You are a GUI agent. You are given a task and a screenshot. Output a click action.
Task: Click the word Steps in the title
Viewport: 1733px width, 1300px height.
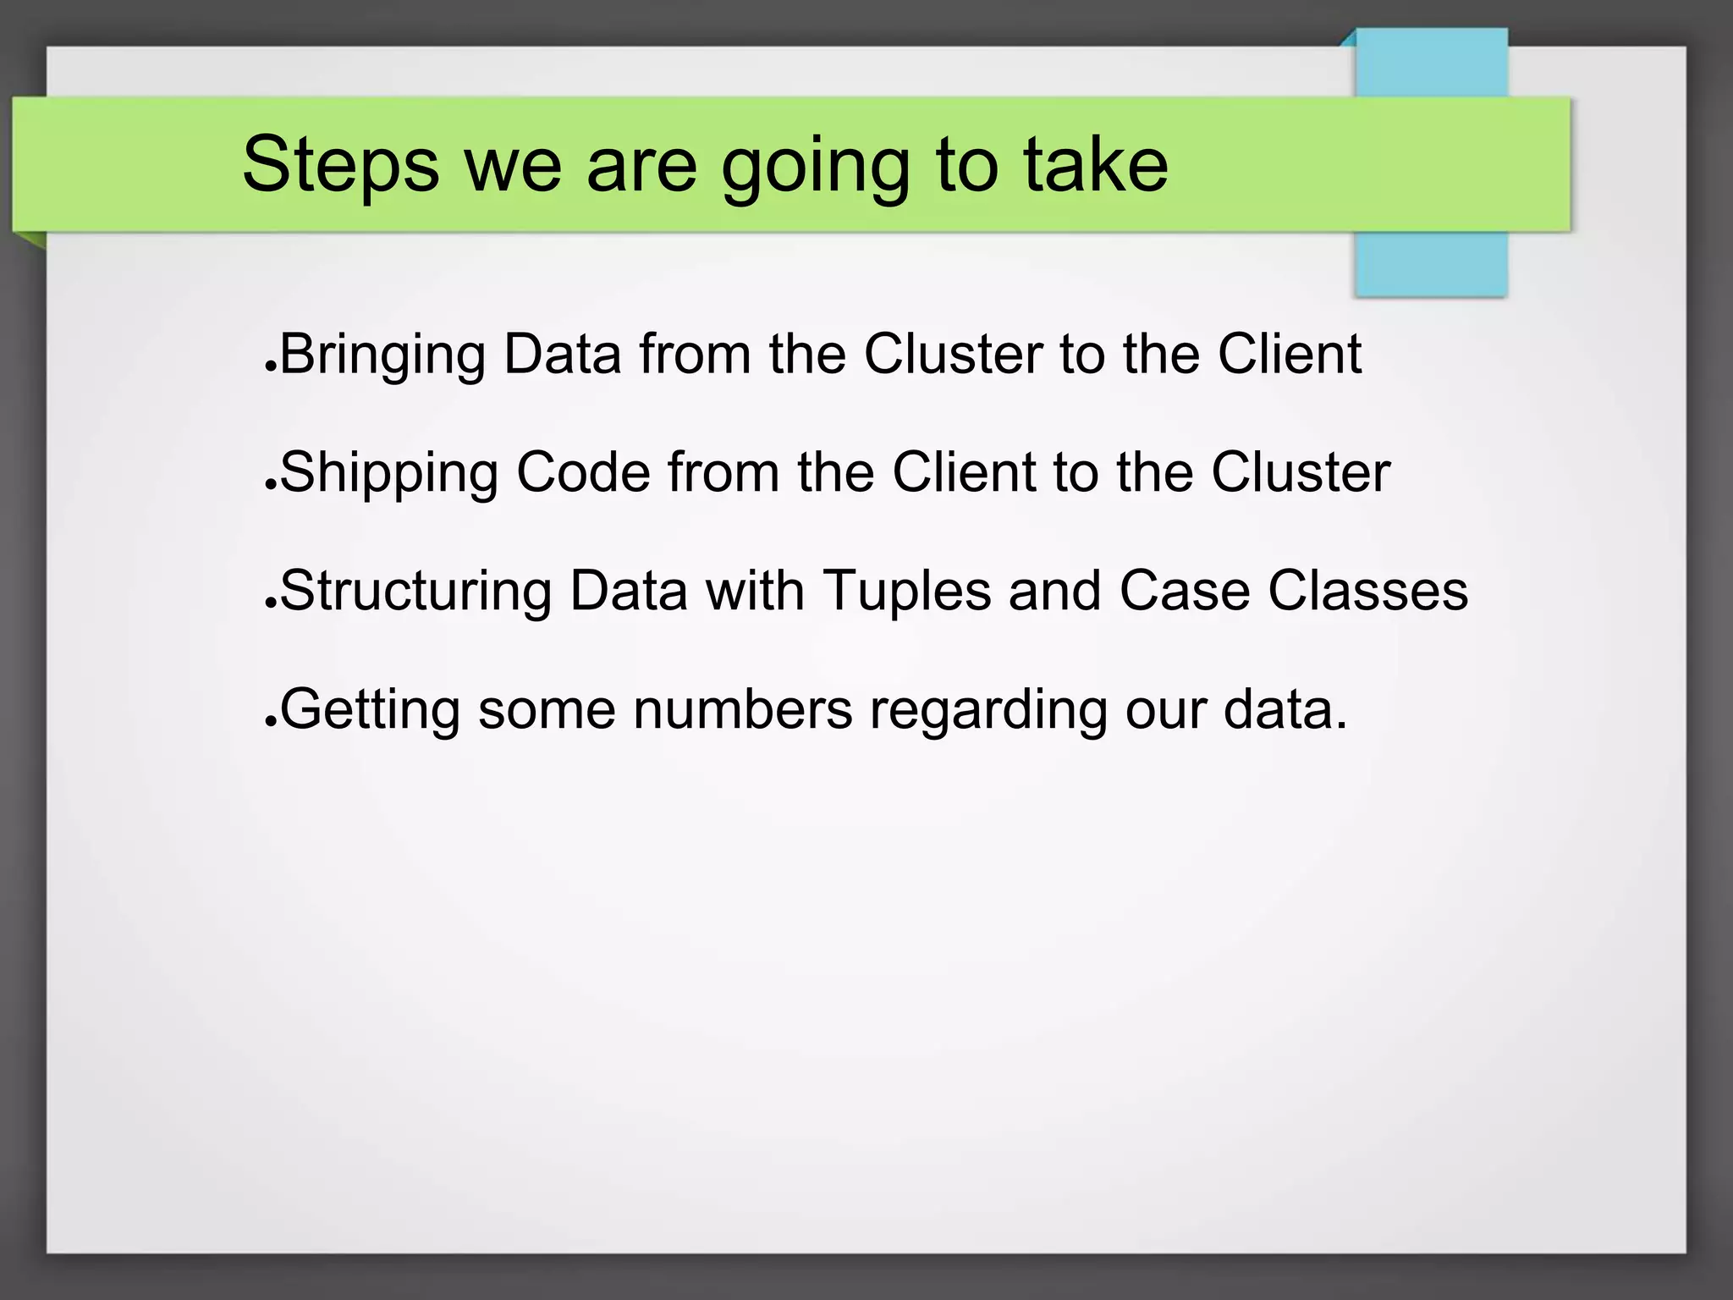click(x=340, y=164)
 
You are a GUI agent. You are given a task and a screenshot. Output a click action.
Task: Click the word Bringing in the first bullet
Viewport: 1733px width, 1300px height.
click(x=382, y=355)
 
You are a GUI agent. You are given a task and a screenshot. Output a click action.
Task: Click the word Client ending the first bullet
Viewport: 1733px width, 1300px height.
click(x=1290, y=355)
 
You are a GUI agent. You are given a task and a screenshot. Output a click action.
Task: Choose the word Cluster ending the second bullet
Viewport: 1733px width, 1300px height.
click(x=1301, y=473)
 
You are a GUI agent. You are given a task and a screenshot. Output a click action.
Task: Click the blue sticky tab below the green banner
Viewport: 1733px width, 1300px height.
click(x=1431, y=263)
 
